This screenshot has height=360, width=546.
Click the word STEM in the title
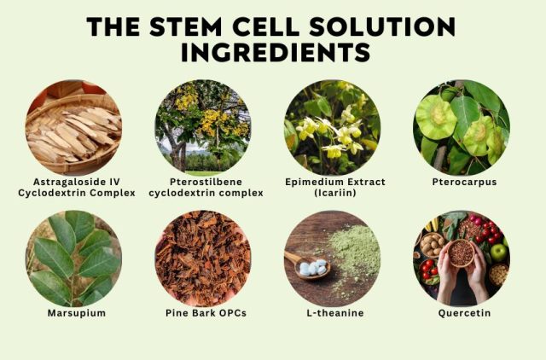(x=186, y=26)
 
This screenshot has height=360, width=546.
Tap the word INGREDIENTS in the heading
(x=276, y=53)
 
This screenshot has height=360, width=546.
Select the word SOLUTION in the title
(x=382, y=26)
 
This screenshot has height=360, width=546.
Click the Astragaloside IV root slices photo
(x=73, y=127)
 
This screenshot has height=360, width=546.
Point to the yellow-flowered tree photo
(x=203, y=127)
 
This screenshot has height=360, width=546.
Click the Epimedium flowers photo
(x=332, y=127)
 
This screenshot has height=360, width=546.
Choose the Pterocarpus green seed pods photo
(x=462, y=127)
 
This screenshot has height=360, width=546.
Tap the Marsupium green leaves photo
(x=73, y=258)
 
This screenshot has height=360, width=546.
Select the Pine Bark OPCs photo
(x=203, y=258)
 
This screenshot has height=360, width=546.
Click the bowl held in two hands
(x=461, y=253)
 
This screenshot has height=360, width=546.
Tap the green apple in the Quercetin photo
(x=498, y=252)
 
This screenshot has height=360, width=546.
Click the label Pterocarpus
(x=464, y=182)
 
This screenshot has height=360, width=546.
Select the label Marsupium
(x=77, y=313)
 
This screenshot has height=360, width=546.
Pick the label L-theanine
(x=335, y=313)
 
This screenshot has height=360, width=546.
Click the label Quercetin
(x=464, y=313)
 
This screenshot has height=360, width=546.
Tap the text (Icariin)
(x=335, y=193)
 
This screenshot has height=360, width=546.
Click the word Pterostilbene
(x=206, y=182)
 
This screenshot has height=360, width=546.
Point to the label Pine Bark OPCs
(x=206, y=313)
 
